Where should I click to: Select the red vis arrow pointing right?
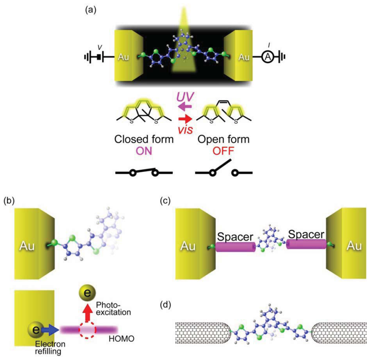185,118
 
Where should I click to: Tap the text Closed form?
144,139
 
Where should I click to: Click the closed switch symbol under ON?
144,172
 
